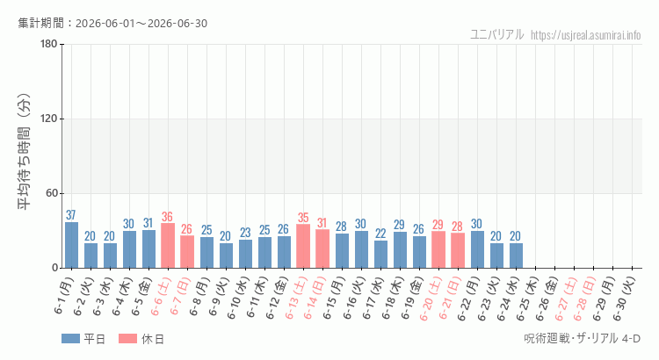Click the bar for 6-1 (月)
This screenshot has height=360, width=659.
71,245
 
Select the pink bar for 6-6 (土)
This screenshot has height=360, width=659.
168,246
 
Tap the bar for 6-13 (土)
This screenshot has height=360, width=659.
303,246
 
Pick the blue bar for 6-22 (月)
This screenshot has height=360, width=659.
477,249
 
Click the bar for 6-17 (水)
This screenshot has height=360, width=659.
380,254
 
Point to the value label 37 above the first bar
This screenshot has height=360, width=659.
70,215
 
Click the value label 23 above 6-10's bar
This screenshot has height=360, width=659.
245,233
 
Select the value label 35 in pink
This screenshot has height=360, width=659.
303,218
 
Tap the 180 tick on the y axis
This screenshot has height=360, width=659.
49,44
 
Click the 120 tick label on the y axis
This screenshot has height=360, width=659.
49,119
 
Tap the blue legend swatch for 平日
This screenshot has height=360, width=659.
70,339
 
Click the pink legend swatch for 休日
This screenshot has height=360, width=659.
127,339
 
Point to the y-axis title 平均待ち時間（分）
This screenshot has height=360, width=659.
24,152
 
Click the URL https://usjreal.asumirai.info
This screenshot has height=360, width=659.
585,35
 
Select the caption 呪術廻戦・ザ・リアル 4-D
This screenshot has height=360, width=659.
582,338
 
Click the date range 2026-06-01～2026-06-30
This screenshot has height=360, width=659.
141,24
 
